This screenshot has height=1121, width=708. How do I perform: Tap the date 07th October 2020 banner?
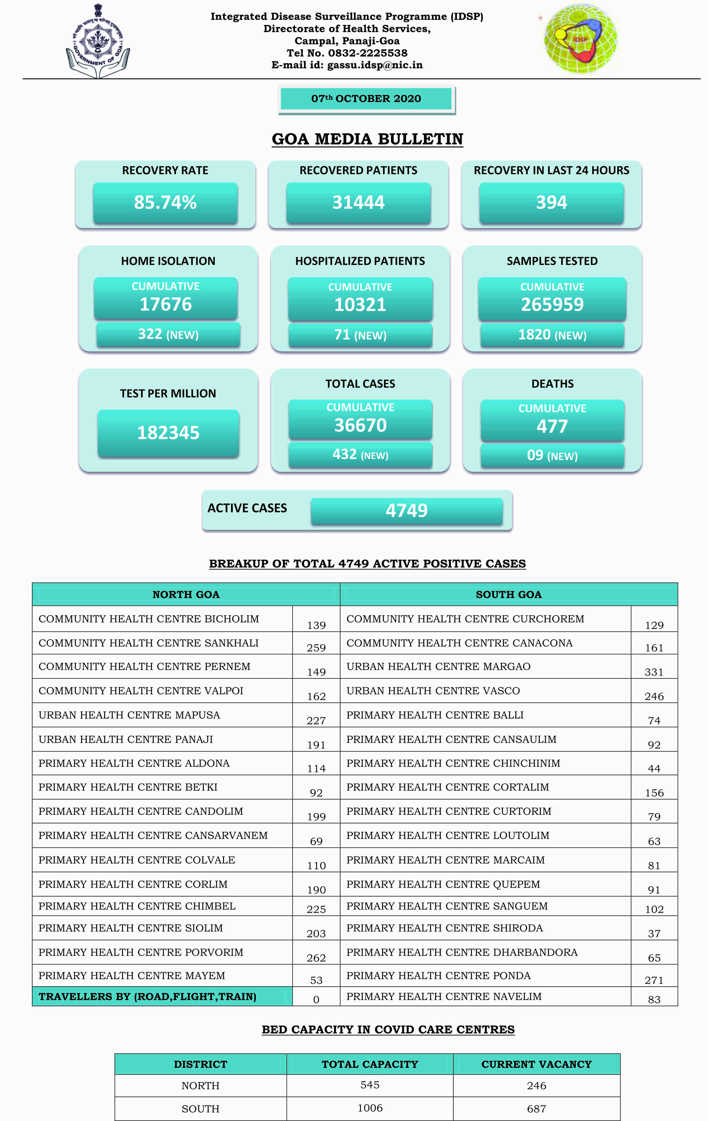(x=366, y=99)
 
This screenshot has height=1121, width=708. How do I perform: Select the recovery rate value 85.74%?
(x=165, y=202)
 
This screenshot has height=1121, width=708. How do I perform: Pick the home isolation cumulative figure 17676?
(x=166, y=304)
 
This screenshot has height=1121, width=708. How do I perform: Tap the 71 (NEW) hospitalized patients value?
(x=360, y=335)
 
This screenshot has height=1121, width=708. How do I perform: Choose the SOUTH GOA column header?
(x=508, y=594)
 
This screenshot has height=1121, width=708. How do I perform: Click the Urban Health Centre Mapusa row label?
(x=129, y=715)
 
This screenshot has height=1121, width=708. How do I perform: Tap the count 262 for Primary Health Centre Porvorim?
(x=316, y=957)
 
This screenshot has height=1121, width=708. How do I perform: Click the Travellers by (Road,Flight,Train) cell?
(x=147, y=996)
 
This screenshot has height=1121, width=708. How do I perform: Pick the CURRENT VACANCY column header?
(x=536, y=1064)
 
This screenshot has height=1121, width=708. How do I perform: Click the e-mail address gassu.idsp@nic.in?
(x=375, y=65)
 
